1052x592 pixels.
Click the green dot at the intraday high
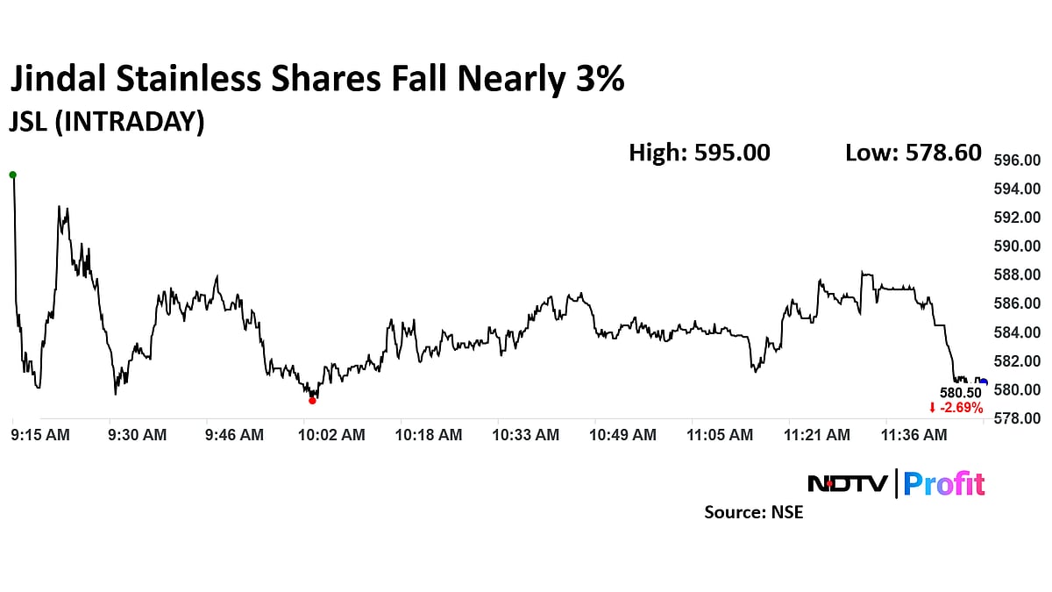click(x=12, y=175)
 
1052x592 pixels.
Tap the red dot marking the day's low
click(x=312, y=401)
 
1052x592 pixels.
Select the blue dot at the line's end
click(x=984, y=382)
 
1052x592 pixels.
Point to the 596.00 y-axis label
click(x=1016, y=160)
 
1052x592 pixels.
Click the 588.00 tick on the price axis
click(x=1016, y=275)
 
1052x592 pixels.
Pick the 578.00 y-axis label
click(x=1016, y=418)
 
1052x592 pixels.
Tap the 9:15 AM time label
click(x=40, y=435)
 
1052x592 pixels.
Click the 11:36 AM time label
click(x=913, y=435)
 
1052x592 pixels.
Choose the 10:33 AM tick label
click(x=526, y=435)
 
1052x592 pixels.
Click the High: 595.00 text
click(x=699, y=153)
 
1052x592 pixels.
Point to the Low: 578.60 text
click(x=913, y=153)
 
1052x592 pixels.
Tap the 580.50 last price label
click(x=960, y=393)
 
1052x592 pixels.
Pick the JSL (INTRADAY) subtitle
click(x=106, y=122)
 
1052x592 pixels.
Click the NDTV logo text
click(x=847, y=483)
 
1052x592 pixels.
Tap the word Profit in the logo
click(x=944, y=483)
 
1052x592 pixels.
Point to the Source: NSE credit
click(x=753, y=512)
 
